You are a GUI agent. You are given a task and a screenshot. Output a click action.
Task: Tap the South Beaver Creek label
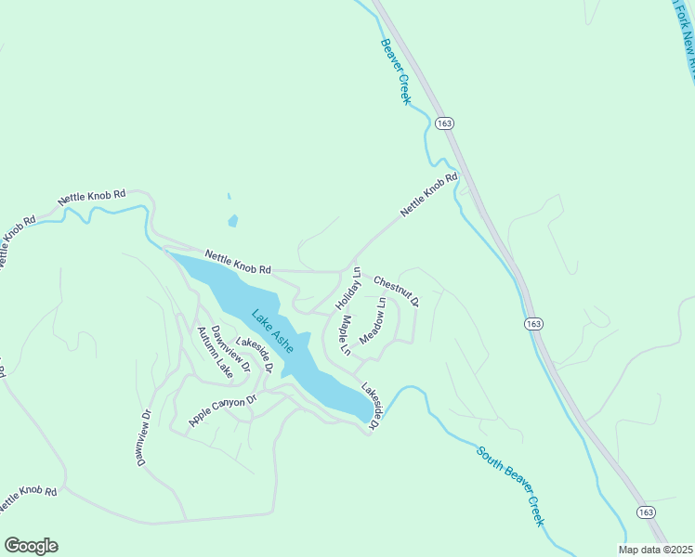pos(510,486)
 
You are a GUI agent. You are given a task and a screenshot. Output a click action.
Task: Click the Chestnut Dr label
pos(397,291)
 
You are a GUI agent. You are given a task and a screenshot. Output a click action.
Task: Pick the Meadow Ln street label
pos(372,320)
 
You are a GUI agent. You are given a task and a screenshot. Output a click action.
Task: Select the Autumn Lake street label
pos(213,351)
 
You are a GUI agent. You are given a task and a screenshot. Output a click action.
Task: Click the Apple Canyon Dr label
pos(222,410)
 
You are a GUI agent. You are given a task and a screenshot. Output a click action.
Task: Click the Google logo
pos(31,546)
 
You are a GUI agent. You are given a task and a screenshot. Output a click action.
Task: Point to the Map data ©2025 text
pos(654,550)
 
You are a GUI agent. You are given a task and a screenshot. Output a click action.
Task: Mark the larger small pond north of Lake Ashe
pos(232,221)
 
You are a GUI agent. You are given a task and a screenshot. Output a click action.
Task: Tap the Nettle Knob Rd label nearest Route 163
pos(429,195)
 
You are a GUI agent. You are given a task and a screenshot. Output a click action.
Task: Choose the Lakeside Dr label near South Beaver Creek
pos(371,407)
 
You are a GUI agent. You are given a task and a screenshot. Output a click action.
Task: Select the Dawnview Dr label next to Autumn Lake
pos(230,349)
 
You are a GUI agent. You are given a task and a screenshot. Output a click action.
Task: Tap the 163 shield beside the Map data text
pos(649,512)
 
